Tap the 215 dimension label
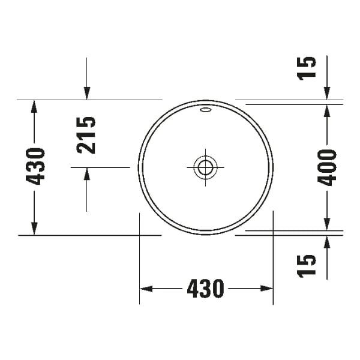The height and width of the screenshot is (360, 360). tap(87, 134)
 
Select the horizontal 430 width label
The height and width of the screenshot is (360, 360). tap(205, 289)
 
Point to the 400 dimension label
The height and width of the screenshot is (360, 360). tap(327, 167)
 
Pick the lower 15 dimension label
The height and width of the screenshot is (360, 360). tap(306, 265)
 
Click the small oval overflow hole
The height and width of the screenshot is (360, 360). tap(205, 110)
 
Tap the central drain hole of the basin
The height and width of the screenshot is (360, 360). tap(205, 167)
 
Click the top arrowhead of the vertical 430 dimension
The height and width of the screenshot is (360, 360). tap(34, 106)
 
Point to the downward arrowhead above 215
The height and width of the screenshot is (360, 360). tap(87, 92)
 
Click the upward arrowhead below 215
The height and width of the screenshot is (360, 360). tap(87, 174)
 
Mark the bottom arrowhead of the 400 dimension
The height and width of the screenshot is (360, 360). tap(327, 223)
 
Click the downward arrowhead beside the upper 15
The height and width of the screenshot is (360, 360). tap(327, 92)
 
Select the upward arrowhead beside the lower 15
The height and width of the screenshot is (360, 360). tap(327, 242)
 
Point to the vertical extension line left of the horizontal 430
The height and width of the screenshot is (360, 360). tap(140, 258)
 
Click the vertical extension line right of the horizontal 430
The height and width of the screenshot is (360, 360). tap(273, 258)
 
